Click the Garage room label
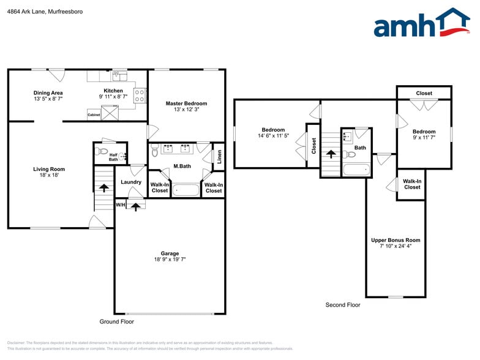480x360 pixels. tap(170, 253)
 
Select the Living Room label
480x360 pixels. tap(49, 169)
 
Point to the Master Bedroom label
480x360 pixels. tap(186, 103)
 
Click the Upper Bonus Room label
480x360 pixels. tap(396, 240)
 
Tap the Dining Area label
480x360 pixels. tap(48, 93)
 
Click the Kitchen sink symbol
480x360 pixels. tap(119, 76)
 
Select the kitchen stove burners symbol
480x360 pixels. tap(140, 95)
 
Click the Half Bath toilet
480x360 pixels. tap(103, 151)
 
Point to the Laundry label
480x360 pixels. tap(131, 182)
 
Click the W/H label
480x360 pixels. tap(121, 204)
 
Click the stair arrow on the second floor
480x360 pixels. tap(332, 156)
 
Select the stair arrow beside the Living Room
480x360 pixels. tap(103, 189)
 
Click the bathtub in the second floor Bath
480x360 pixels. tap(355, 170)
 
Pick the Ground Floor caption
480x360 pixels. tap(116, 321)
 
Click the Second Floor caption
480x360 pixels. tap(343, 304)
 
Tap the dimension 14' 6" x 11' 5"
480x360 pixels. tap(273, 136)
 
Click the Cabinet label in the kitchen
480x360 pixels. tap(94, 114)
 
